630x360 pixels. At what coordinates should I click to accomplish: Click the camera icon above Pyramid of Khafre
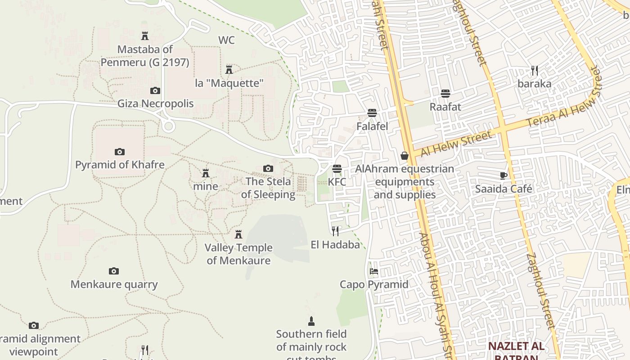[x=119, y=152]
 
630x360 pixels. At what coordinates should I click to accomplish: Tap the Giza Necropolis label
[x=155, y=103]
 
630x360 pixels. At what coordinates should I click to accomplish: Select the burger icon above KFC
[x=337, y=169]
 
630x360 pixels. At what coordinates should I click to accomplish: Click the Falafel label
[x=372, y=126]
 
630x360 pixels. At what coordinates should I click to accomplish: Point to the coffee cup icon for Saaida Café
[x=504, y=175]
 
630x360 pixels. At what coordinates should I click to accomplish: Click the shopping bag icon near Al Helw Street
[x=405, y=156]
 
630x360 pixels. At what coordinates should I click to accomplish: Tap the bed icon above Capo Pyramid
[x=374, y=271]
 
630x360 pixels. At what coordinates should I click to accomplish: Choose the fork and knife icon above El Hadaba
[x=335, y=231]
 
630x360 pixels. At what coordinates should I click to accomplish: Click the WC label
[x=226, y=40]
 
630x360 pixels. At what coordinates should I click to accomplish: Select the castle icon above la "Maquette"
[x=229, y=69]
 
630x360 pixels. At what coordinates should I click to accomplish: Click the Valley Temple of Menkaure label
[x=238, y=254]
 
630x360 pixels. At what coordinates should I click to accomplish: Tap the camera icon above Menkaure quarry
[x=114, y=271]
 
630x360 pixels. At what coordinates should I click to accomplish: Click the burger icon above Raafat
[x=445, y=94]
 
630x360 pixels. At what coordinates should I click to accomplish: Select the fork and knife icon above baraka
[x=535, y=71]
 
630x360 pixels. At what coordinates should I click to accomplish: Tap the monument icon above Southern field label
[x=311, y=321]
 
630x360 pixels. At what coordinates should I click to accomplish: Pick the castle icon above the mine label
[x=206, y=173]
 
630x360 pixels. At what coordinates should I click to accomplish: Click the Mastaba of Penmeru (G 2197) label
[x=144, y=56]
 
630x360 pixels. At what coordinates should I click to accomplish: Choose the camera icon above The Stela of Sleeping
[x=268, y=168]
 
